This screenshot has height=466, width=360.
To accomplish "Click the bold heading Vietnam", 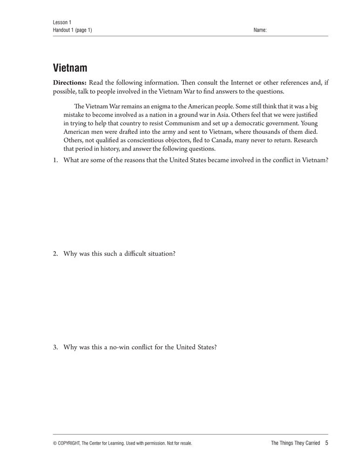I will (x=70, y=68).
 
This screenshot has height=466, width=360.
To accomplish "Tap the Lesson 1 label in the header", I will (x=62, y=22).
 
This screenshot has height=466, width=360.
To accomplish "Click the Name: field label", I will (x=260, y=30).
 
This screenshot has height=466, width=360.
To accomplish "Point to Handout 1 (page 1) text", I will (x=73, y=30).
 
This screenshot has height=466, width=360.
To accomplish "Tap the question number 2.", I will (x=55, y=254).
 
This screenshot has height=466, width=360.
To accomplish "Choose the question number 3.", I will (x=55, y=347).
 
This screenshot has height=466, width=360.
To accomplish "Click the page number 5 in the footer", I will (x=327, y=443).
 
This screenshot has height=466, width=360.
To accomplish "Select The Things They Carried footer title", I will (x=295, y=443).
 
